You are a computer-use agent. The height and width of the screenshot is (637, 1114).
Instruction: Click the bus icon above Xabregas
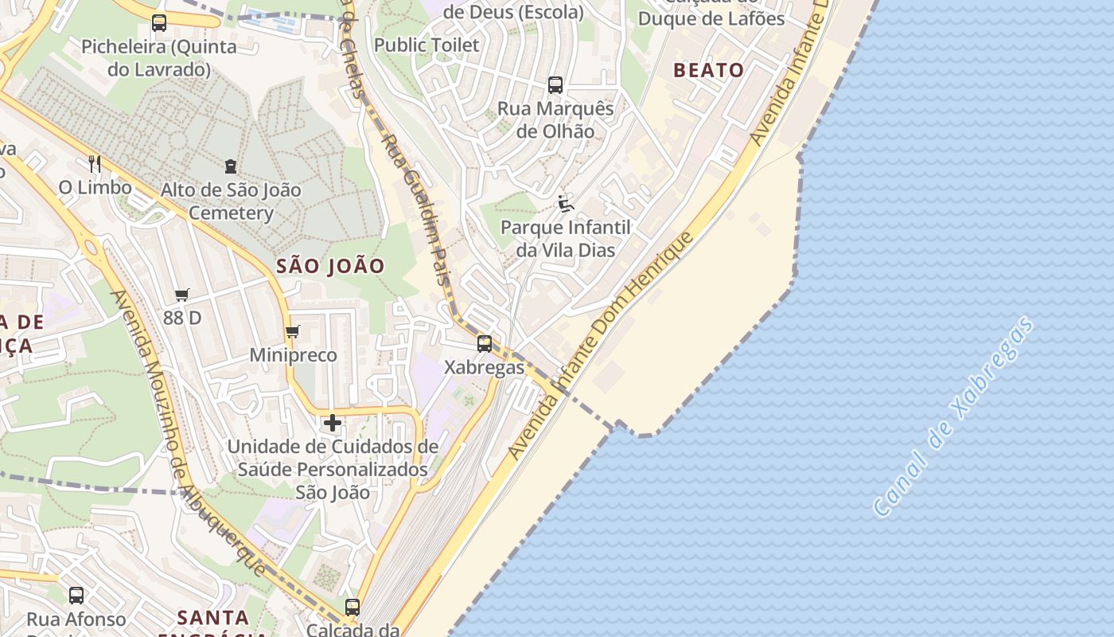click(484, 344)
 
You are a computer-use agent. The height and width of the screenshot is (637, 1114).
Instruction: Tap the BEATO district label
click(708, 70)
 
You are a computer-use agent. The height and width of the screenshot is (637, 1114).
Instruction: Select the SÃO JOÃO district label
click(330, 266)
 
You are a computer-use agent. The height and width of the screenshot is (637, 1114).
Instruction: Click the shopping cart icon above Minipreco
click(292, 331)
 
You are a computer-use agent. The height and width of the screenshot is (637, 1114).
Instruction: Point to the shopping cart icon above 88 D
click(182, 295)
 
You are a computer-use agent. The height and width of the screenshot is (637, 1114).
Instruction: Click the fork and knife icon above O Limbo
click(95, 163)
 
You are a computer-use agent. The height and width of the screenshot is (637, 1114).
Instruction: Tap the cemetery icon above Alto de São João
click(231, 166)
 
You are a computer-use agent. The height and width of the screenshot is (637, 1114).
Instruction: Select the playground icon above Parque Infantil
click(565, 204)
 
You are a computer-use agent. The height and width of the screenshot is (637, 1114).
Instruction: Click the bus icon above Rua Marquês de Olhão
click(555, 84)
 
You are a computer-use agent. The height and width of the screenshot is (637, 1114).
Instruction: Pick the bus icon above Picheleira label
click(159, 22)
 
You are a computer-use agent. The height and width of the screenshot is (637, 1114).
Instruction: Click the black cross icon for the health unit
click(333, 423)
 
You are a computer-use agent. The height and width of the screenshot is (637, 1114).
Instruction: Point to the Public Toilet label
click(427, 45)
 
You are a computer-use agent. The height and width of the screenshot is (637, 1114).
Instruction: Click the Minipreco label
click(293, 355)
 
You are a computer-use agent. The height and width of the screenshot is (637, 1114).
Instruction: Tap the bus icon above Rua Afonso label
click(76, 595)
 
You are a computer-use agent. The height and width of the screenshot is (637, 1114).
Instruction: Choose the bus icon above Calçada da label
click(353, 607)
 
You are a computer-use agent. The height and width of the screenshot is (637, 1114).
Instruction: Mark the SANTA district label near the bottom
click(212, 617)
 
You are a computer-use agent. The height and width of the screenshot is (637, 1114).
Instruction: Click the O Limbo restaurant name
click(95, 188)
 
